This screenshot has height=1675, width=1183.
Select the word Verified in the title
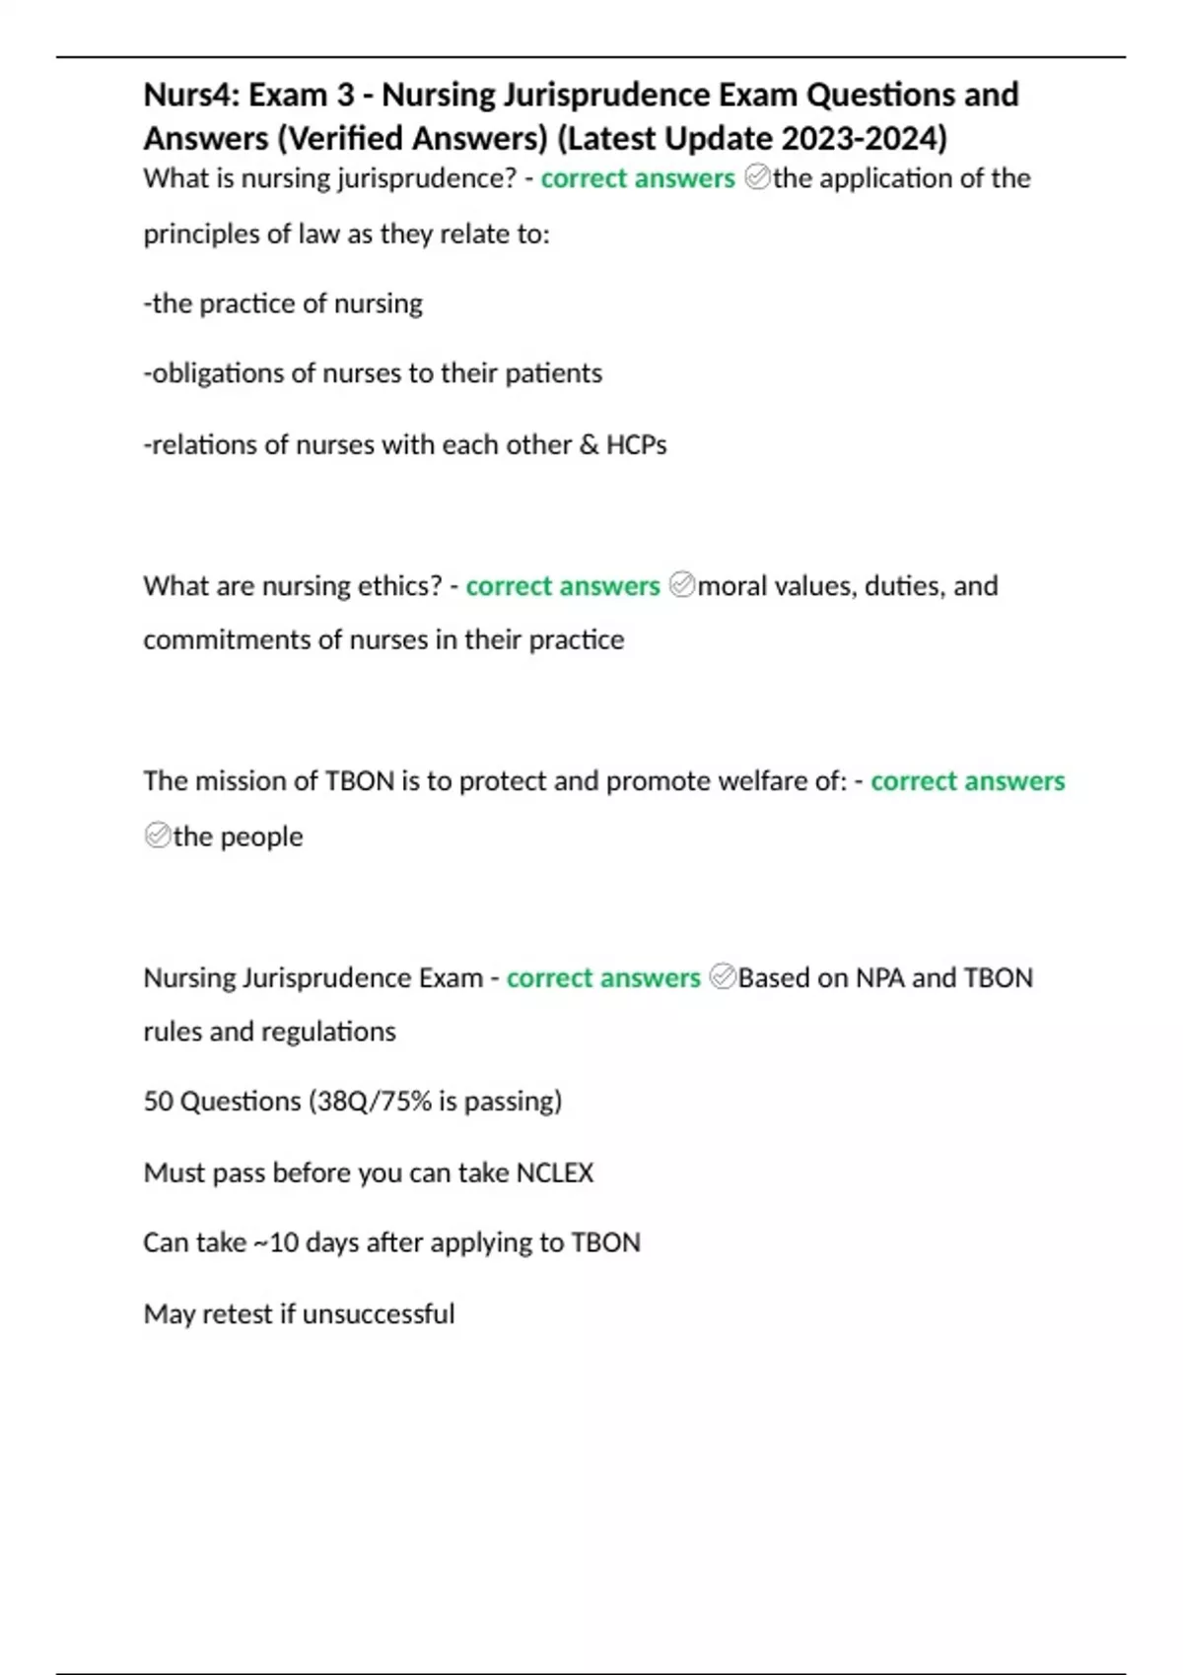[x=341, y=138]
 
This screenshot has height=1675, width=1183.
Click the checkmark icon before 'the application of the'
[x=757, y=178]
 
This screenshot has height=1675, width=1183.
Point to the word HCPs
[x=636, y=445]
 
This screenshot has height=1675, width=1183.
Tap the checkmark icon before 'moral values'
[x=681, y=586]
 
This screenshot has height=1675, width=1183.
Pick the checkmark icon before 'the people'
[x=157, y=837]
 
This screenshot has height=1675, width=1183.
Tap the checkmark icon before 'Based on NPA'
[x=722, y=978]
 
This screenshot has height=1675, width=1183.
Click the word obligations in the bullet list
[x=214, y=373]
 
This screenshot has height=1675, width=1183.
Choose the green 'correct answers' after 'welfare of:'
[x=967, y=781]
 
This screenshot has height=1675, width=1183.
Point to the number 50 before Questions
[x=158, y=1102]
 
